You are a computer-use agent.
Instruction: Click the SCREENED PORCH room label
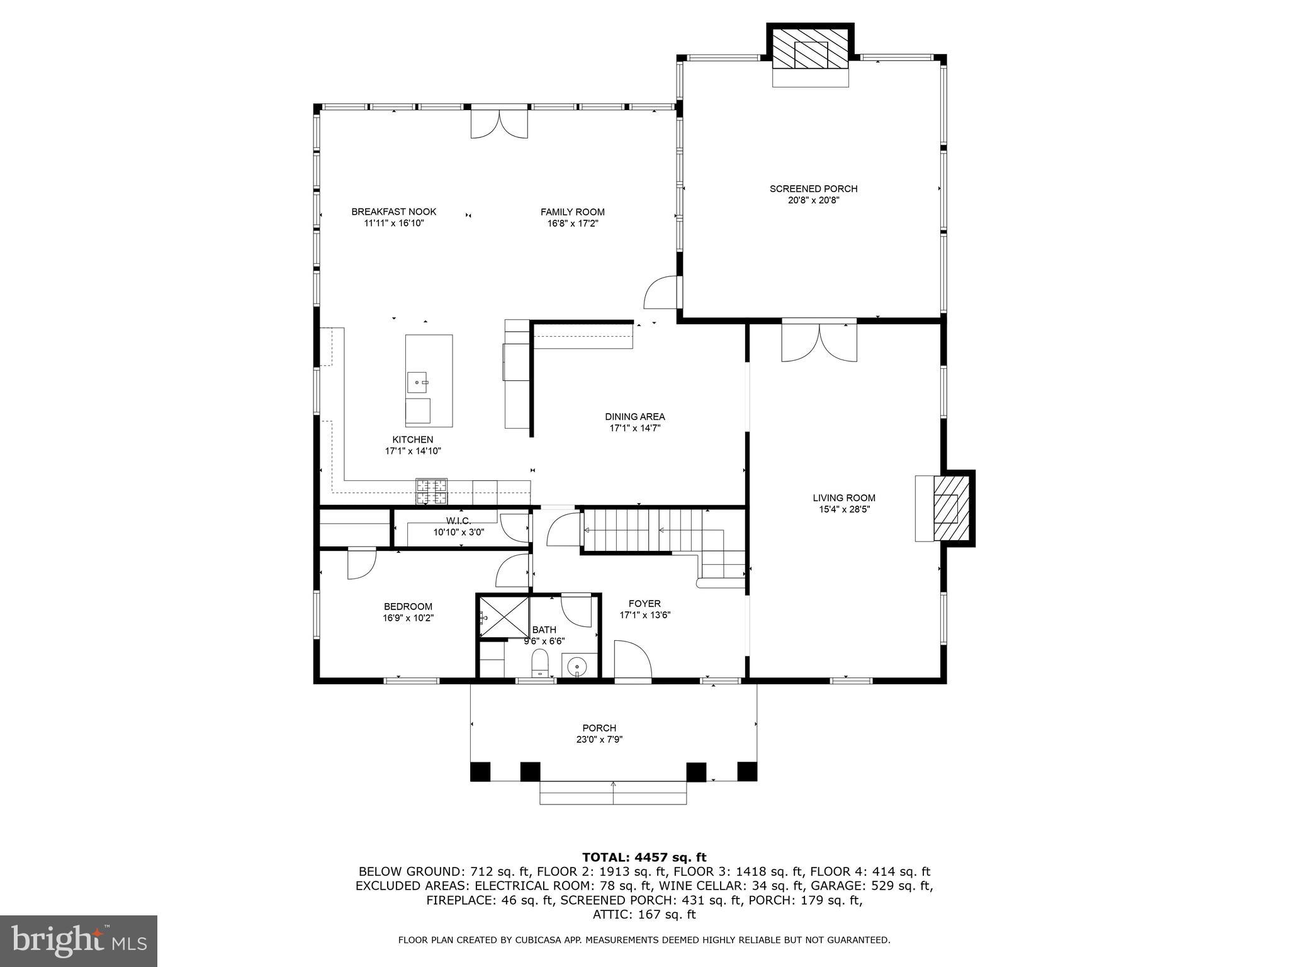point(813,189)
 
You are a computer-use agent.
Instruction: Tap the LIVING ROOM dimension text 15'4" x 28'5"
point(843,509)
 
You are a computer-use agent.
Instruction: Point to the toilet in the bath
point(540,662)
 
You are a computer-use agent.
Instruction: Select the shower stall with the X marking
point(504,617)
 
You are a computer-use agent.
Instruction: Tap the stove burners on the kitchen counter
point(431,492)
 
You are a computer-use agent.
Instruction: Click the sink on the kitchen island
point(417,382)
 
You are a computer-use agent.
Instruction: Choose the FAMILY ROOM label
point(572,212)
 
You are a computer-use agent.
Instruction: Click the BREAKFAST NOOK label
point(393,212)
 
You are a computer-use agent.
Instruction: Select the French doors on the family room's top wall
point(499,124)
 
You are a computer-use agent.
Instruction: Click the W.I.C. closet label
point(458,521)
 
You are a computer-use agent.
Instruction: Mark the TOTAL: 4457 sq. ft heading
point(644,857)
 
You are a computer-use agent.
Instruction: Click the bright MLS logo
point(78,941)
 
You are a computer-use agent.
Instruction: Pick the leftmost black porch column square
point(480,771)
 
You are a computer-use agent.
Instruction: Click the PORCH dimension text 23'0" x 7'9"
point(599,740)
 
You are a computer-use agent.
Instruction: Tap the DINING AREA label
point(634,417)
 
